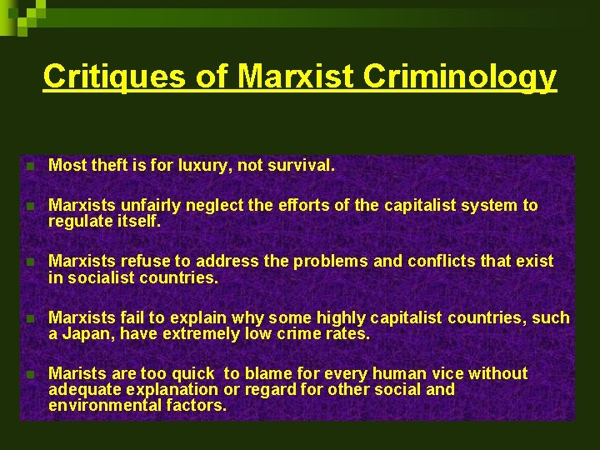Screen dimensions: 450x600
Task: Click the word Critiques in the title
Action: tap(114, 76)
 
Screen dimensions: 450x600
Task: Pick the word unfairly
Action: tap(152, 205)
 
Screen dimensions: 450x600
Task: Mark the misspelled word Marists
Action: tap(77, 374)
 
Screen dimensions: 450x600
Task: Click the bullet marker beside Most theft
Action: tap(30, 167)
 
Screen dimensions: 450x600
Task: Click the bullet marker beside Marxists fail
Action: tap(30, 318)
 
